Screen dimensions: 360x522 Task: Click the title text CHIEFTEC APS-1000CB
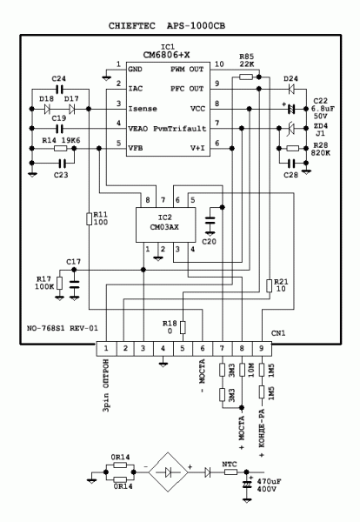167,25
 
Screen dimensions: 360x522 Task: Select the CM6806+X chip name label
166,55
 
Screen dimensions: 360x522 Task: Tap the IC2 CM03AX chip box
166,224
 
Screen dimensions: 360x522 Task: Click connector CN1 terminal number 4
163,349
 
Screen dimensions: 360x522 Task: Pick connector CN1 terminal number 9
262,349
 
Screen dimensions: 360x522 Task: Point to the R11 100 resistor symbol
90,218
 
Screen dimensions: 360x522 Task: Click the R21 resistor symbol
270,285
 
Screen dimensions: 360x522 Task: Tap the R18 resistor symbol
183,327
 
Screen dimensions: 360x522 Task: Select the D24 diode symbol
292,89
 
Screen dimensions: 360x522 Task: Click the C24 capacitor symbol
59,90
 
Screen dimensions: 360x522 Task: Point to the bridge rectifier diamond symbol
168,472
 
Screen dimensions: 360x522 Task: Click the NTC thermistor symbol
230,472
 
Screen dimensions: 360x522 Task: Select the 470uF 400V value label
269,485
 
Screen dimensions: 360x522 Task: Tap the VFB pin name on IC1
136,148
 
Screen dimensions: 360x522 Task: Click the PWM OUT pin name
187,70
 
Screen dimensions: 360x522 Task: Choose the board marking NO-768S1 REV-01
63,328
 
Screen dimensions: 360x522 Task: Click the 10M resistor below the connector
242,370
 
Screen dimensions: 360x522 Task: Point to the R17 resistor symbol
59,284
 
